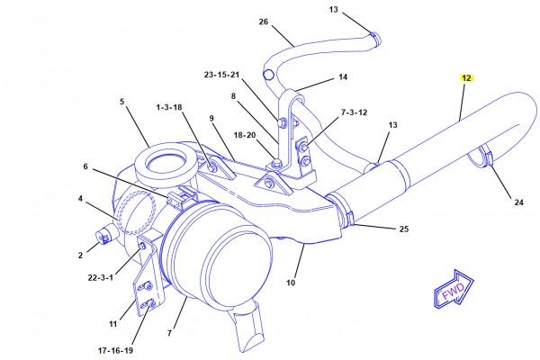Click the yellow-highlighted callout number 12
466,78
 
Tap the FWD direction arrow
454,290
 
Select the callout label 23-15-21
221,75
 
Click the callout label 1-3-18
169,107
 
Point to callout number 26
264,22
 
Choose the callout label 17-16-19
115,351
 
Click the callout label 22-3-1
100,277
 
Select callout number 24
519,202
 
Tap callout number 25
404,229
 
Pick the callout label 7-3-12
354,112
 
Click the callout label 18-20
245,135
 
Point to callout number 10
291,283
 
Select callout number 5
121,102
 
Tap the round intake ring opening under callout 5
166,163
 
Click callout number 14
343,76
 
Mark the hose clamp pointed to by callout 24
481,157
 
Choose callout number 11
113,324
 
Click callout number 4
80,198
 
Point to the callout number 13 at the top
333,10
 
